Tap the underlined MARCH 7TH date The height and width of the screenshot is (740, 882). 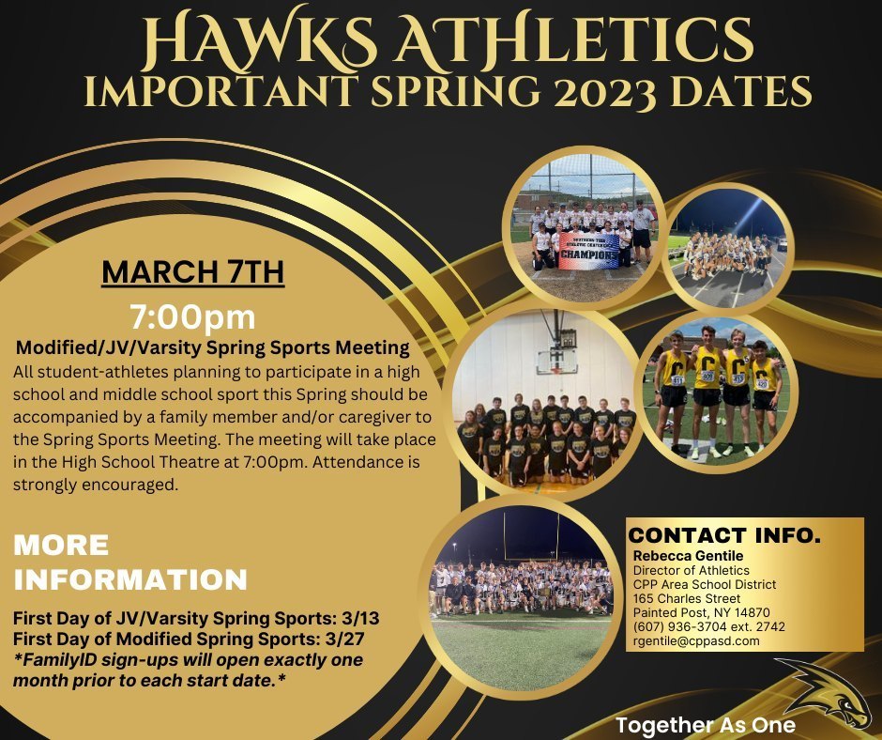point(193,272)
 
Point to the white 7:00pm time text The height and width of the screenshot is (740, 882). point(192,317)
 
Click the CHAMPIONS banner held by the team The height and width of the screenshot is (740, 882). point(589,251)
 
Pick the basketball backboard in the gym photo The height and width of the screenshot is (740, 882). point(556,362)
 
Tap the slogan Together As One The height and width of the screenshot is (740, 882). point(706,725)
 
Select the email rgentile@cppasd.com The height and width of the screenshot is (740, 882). point(696,640)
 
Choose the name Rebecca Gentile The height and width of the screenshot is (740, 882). point(688,556)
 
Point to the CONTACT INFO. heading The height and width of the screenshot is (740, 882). point(724,535)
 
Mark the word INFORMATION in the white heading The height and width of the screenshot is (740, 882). point(130,579)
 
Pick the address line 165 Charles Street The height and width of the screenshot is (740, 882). point(686,598)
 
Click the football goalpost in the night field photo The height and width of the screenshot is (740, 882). point(531,535)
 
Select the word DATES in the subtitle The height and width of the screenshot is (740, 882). point(741,91)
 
